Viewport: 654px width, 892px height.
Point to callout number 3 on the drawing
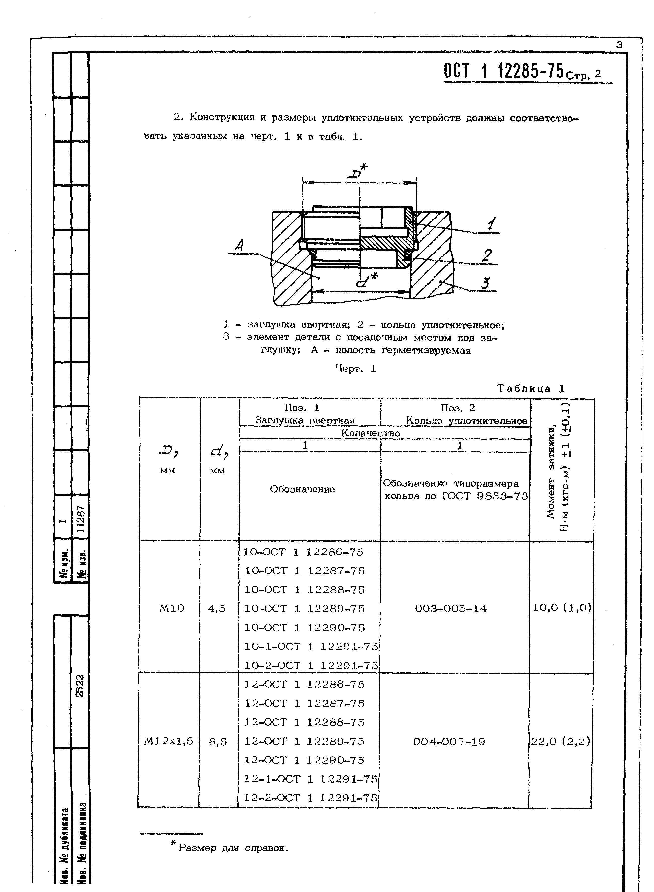pos(485,284)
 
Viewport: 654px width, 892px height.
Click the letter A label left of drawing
pos(239,246)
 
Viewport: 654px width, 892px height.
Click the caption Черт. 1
pos(355,369)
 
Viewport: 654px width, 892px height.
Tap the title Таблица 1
pos(530,389)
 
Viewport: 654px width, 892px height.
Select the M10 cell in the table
pos(172,608)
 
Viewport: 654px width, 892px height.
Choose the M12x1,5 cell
pos(169,741)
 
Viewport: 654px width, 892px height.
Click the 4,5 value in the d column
pos(217,608)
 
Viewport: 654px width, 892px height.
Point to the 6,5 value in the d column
pos(218,742)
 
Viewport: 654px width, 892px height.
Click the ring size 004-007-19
pos(449,741)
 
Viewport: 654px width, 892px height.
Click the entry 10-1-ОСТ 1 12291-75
pos(311,646)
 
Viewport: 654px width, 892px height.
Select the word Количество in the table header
pos(371,433)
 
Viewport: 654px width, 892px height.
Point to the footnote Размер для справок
pos(233,848)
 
